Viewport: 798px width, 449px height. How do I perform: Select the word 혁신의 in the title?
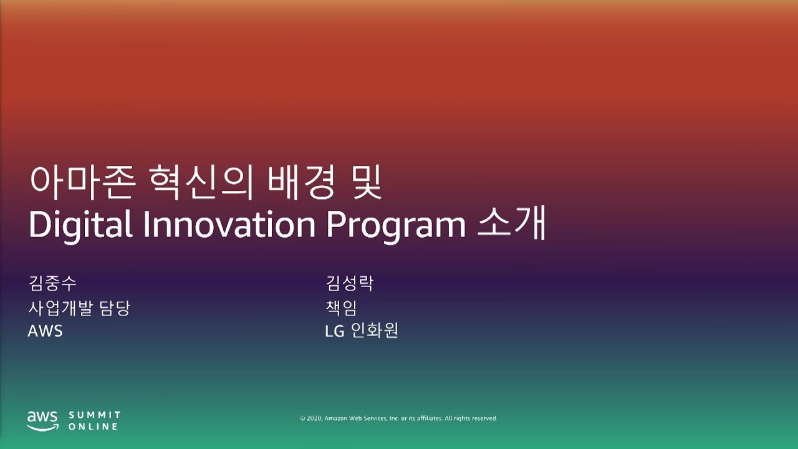pyautogui.click(x=198, y=183)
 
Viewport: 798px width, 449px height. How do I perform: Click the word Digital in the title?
pyautogui.click(x=80, y=225)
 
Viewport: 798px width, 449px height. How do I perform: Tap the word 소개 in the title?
pyautogui.click(x=512, y=225)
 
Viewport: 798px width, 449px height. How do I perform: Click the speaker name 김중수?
pyautogui.click(x=52, y=284)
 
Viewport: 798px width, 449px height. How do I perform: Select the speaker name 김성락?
pyautogui.click(x=349, y=284)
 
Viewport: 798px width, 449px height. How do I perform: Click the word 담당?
pyautogui.click(x=114, y=307)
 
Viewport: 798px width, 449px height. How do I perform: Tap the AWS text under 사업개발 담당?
pyautogui.click(x=45, y=331)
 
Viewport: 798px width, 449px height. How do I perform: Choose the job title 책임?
pyautogui.click(x=341, y=307)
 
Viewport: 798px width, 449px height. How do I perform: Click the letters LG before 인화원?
pyautogui.click(x=335, y=331)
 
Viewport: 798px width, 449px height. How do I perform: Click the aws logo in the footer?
pyautogui.click(x=42, y=420)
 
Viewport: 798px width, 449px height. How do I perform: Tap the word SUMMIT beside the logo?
pyautogui.click(x=95, y=415)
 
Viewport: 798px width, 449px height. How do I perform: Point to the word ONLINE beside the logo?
pyautogui.click(x=93, y=427)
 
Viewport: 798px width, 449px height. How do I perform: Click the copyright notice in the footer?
pyautogui.click(x=398, y=418)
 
